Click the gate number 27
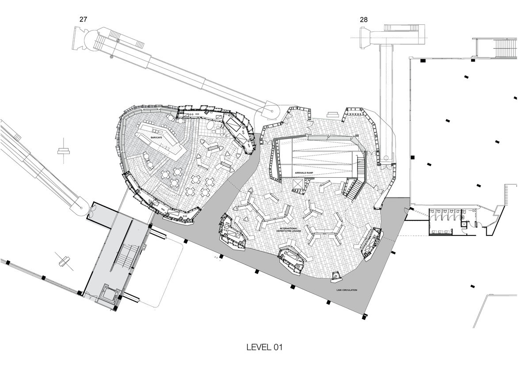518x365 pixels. click(x=84, y=19)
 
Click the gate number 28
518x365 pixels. click(x=364, y=19)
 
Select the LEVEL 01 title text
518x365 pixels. click(x=264, y=347)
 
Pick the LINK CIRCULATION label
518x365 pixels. click(x=347, y=290)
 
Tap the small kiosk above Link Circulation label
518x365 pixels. click(x=336, y=277)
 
